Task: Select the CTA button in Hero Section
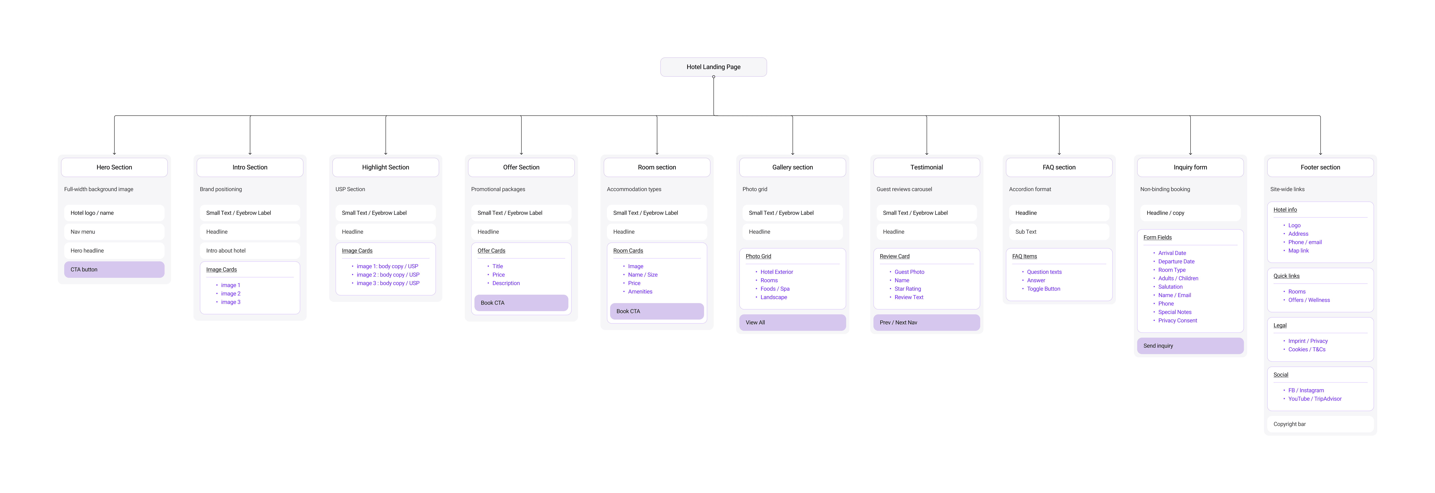tap(114, 270)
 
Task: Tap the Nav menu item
tap(114, 232)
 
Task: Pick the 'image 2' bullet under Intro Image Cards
tap(231, 293)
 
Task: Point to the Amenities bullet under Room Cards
tap(640, 292)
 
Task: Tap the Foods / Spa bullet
tap(775, 289)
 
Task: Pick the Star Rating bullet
tap(907, 289)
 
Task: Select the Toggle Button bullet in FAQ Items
tap(1043, 289)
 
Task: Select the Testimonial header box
tap(926, 167)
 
